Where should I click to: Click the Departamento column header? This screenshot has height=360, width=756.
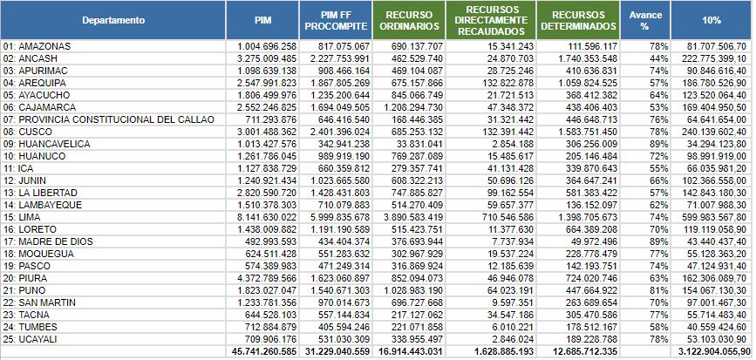pyautogui.click(x=113, y=19)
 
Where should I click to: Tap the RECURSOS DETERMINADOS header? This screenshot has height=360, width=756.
pyautogui.click(x=579, y=19)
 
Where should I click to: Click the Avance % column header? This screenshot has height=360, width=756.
pyautogui.click(x=645, y=19)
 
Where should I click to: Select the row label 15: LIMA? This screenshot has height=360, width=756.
pyautogui.click(x=24, y=216)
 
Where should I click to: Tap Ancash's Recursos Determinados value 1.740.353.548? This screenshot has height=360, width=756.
pyautogui.click(x=579, y=58)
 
